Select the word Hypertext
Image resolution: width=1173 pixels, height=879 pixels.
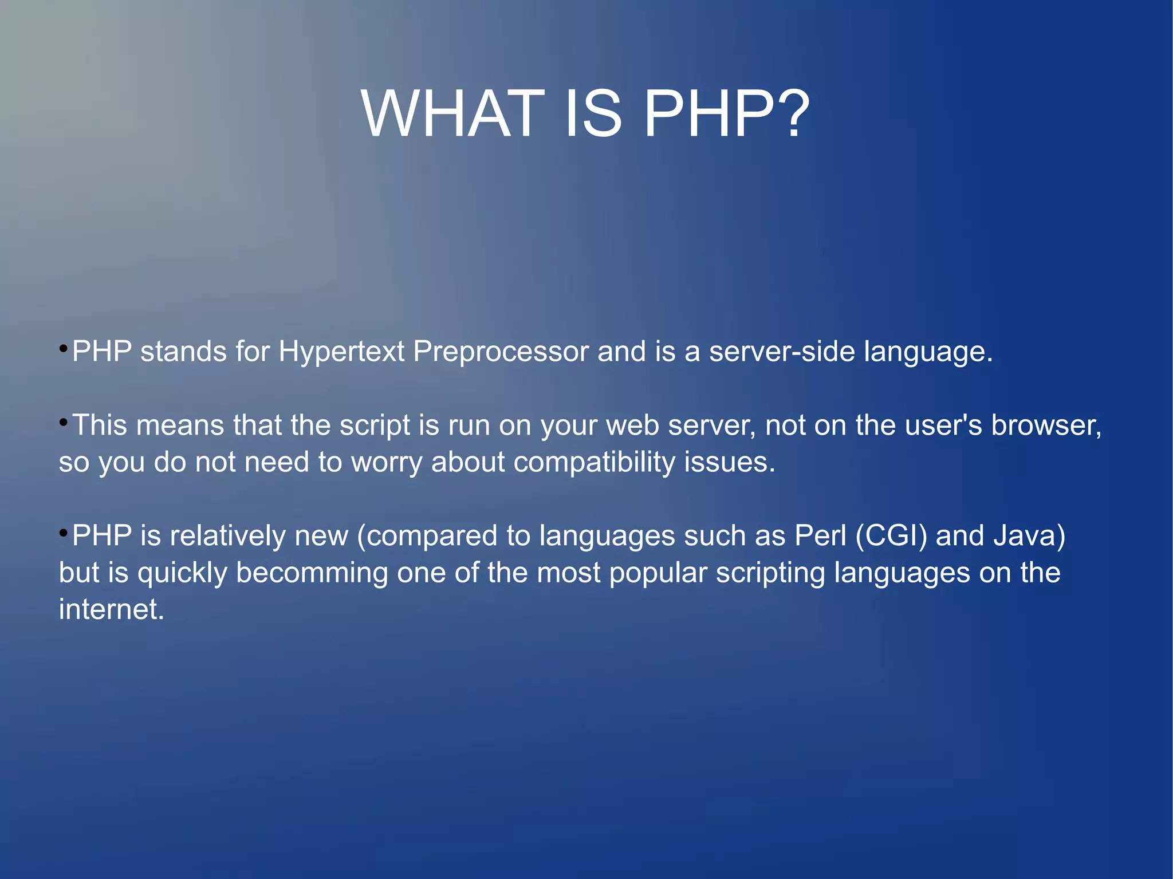tap(341, 352)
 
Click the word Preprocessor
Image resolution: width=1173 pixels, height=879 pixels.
tap(501, 352)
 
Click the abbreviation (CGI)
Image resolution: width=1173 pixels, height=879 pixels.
tap(891, 536)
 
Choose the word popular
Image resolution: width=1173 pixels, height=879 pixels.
tap(658, 573)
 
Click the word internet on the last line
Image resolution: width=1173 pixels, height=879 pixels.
tap(111, 609)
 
